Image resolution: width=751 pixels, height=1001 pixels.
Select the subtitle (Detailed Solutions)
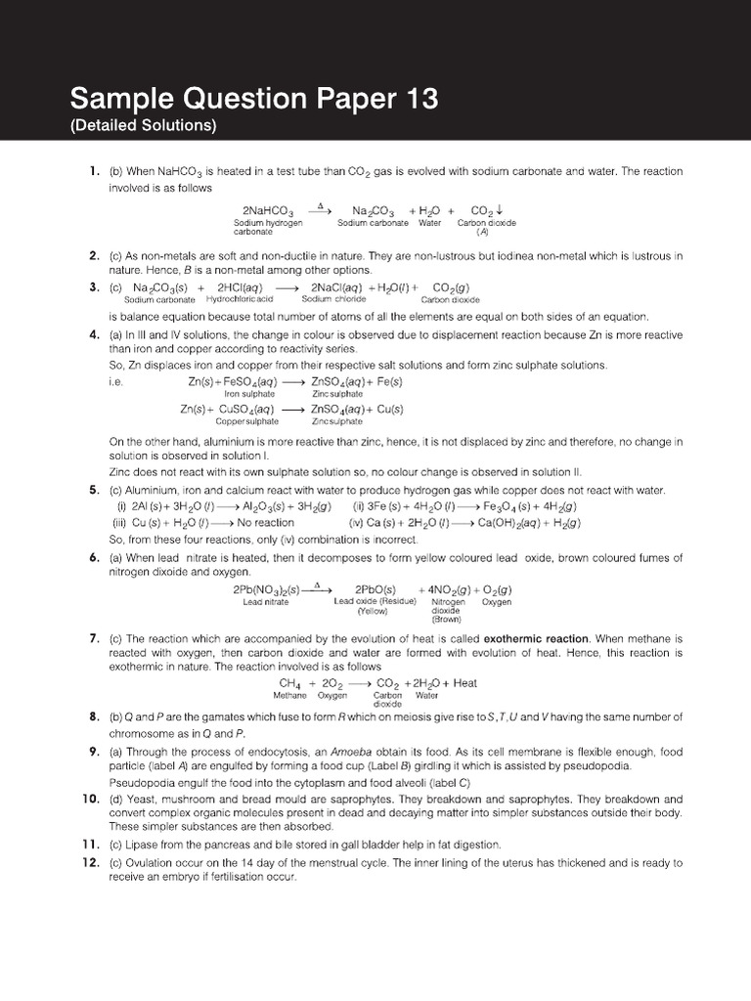click(143, 126)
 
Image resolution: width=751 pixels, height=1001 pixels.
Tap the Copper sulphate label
click(246, 421)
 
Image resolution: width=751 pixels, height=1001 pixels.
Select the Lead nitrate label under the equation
click(267, 602)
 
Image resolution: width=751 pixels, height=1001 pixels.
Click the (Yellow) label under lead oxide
click(373, 611)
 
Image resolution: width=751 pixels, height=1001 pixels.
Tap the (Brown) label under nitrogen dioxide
click(447, 619)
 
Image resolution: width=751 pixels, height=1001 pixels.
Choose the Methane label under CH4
click(290, 696)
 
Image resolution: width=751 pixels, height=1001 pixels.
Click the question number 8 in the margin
click(94, 717)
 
